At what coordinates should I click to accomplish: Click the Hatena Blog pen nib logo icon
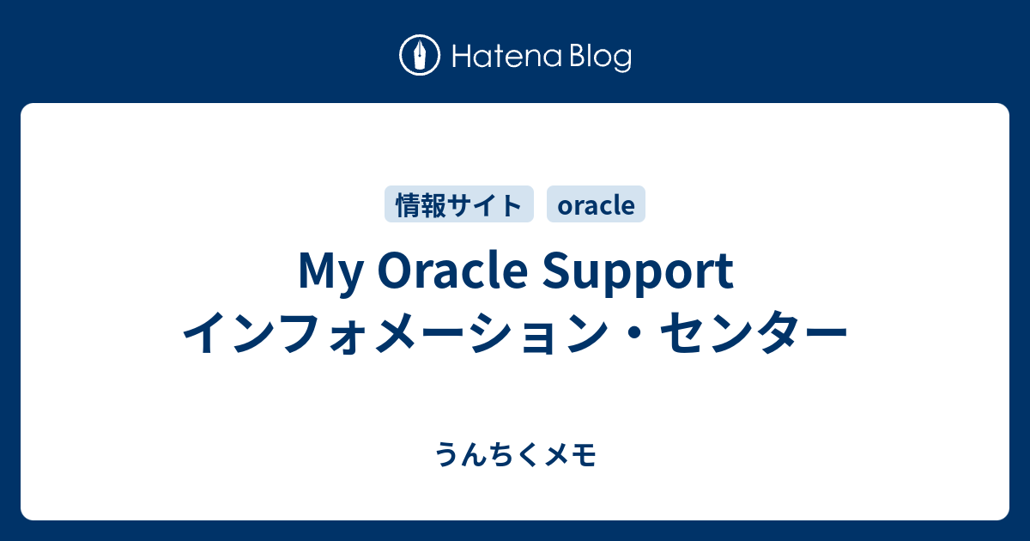click(x=420, y=57)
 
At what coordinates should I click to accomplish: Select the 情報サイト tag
click(x=459, y=205)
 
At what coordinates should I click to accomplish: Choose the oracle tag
click(x=596, y=205)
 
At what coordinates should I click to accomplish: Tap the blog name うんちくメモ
click(x=515, y=454)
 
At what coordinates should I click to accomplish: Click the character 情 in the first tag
click(x=407, y=205)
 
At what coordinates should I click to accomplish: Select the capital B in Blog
click(x=574, y=58)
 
